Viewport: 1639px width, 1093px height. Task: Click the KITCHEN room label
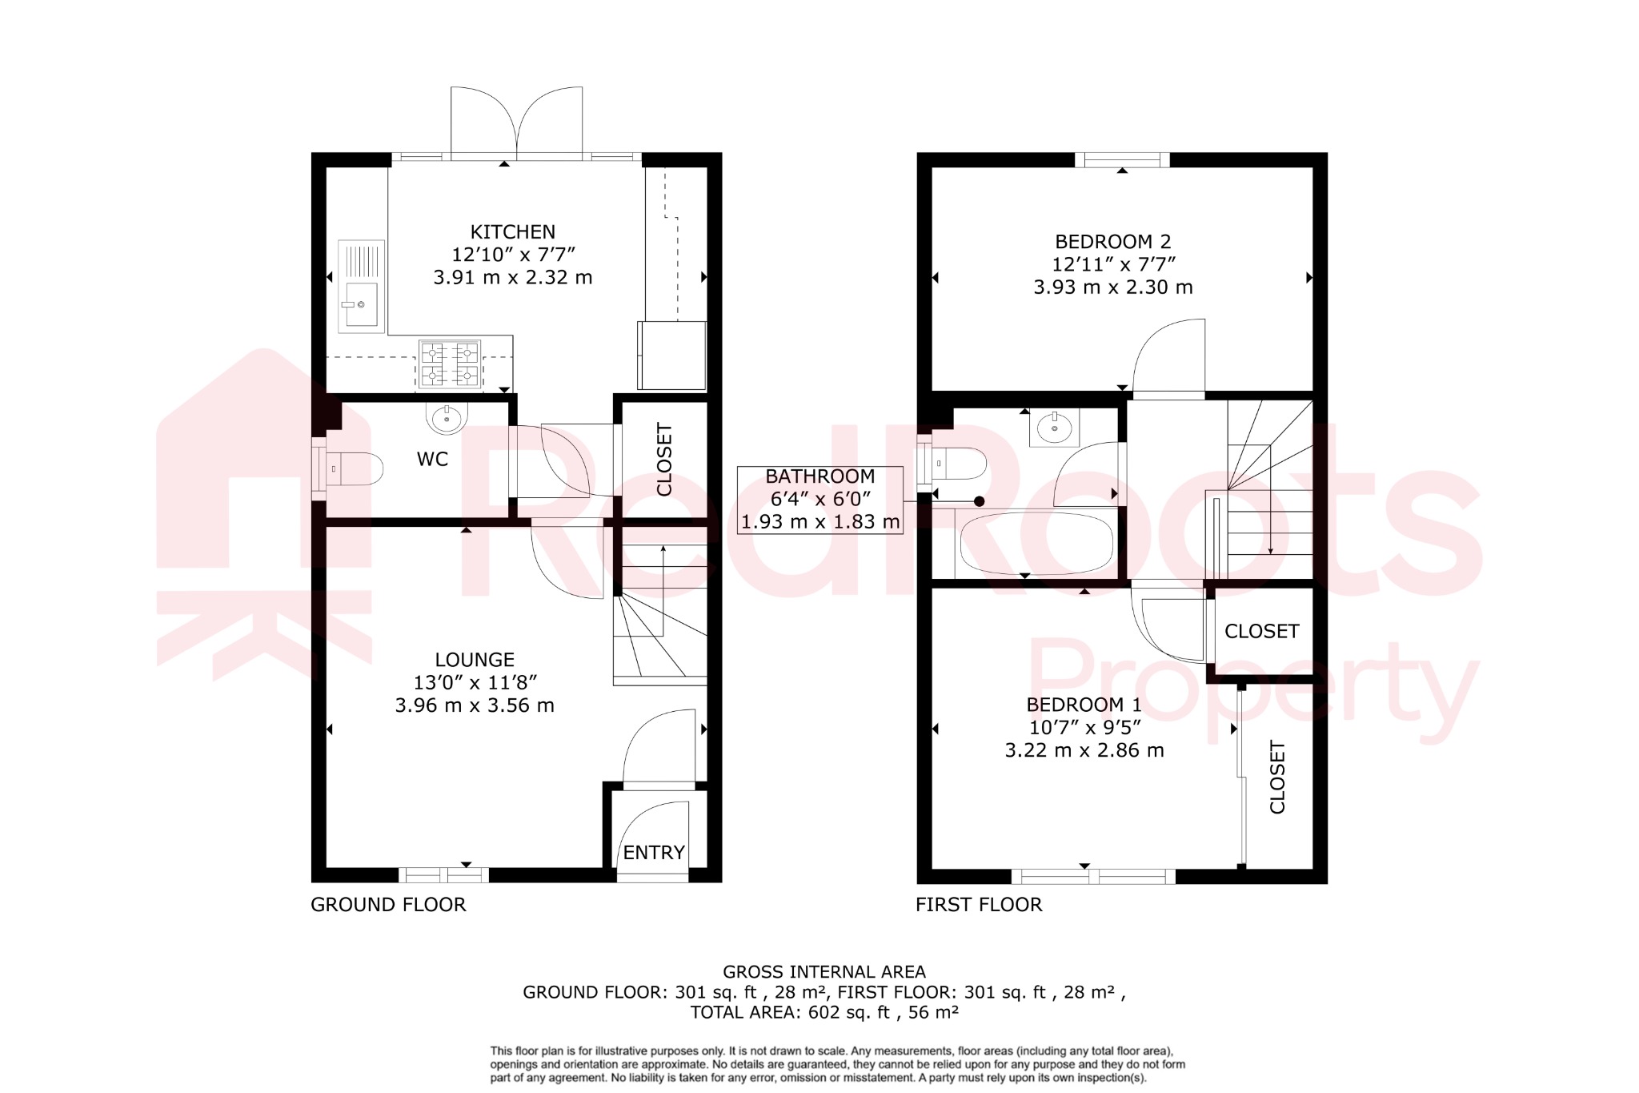pos(512,232)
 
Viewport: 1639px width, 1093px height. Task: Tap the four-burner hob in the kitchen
pos(449,364)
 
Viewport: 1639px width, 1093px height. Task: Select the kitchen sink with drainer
pos(362,285)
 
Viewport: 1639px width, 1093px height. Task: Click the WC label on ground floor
pos(432,460)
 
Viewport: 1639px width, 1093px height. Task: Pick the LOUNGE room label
pos(475,660)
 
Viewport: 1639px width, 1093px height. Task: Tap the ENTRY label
pos(654,853)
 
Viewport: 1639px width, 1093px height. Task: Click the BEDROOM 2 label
pos(1112,242)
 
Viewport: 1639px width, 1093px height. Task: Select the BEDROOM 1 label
pos(1084,705)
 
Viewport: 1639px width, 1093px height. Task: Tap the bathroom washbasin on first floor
pos(1055,428)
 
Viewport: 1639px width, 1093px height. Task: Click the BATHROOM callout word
pos(819,476)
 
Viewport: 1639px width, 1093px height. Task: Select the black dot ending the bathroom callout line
pos(979,501)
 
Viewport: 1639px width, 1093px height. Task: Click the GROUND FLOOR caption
pos(388,905)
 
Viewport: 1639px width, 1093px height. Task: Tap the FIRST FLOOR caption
pos(979,905)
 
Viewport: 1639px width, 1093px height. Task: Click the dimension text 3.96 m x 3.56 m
pos(475,705)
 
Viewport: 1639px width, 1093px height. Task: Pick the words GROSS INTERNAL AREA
pos(824,972)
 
